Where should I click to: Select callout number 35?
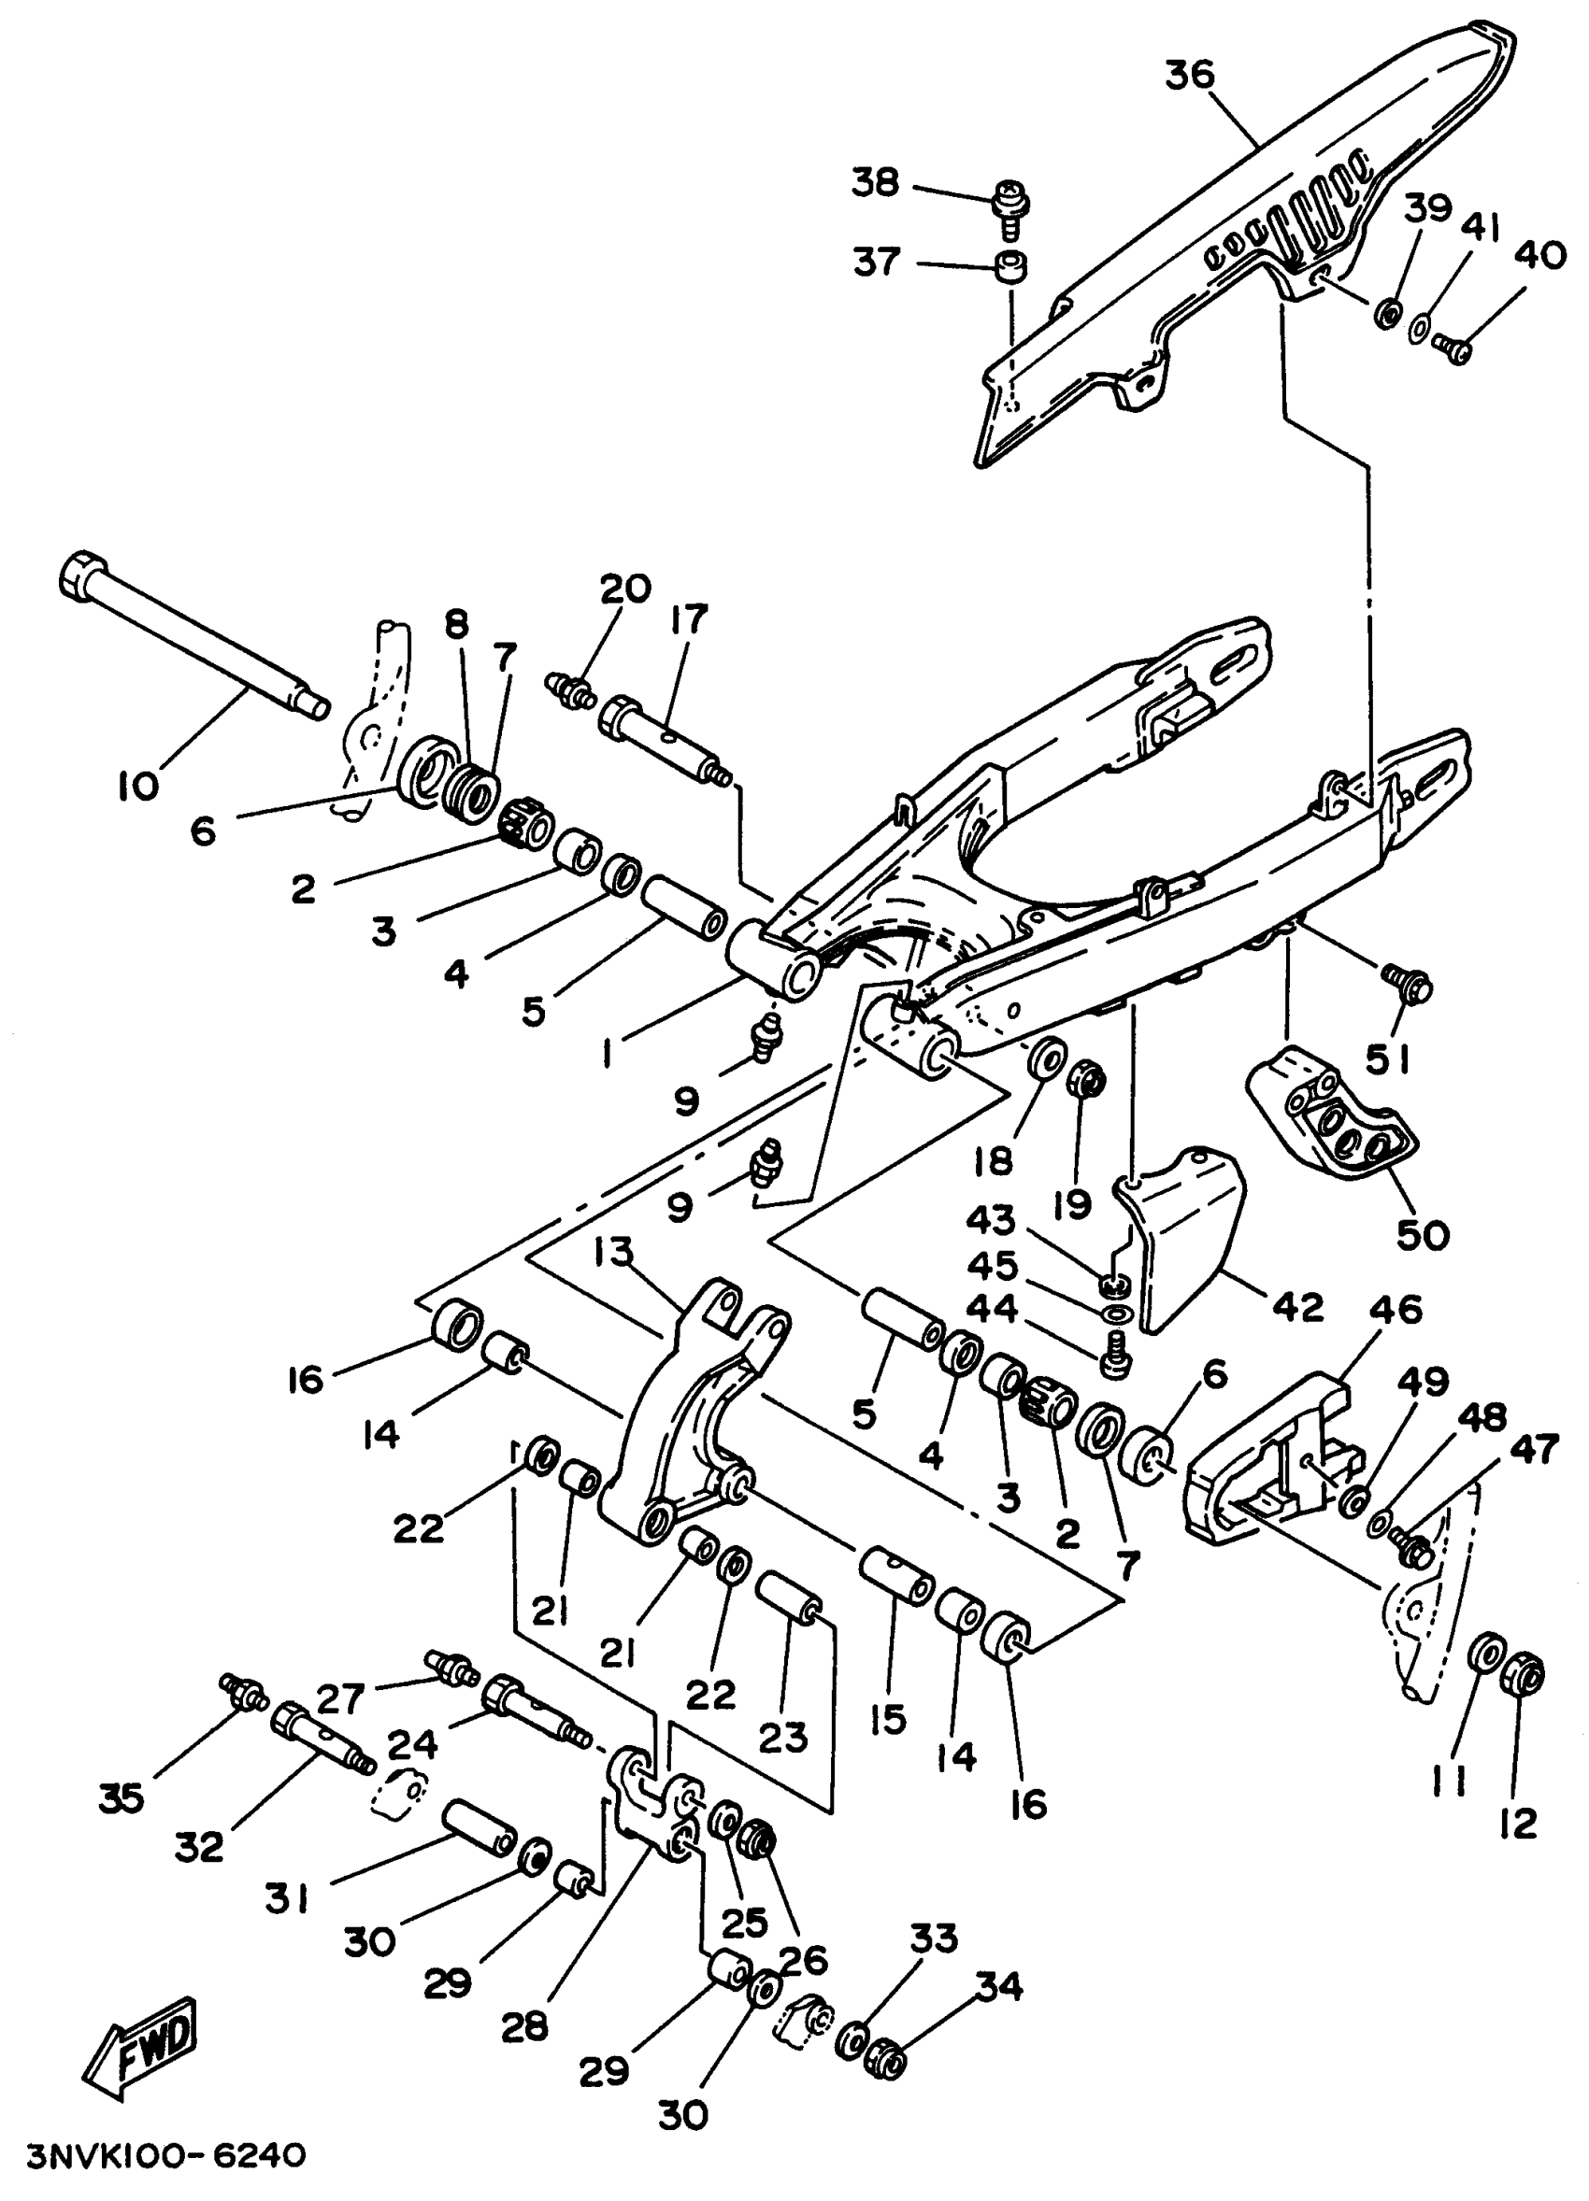[x=122, y=1798]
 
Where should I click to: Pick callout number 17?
[x=688, y=619]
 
